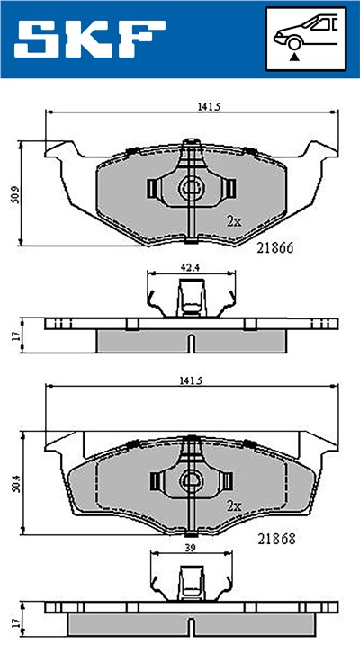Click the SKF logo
(x=90, y=39)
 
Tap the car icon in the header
(x=307, y=34)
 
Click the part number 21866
(x=276, y=246)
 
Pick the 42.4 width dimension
(x=190, y=266)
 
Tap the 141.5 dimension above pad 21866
(x=209, y=106)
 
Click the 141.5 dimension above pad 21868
(x=209, y=382)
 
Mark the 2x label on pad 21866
(x=233, y=220)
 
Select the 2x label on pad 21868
(x=233, y=506)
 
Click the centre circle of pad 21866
(x=191, y=188)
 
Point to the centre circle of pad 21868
(x=191, y=481)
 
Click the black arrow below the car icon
(x=294, y=56)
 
